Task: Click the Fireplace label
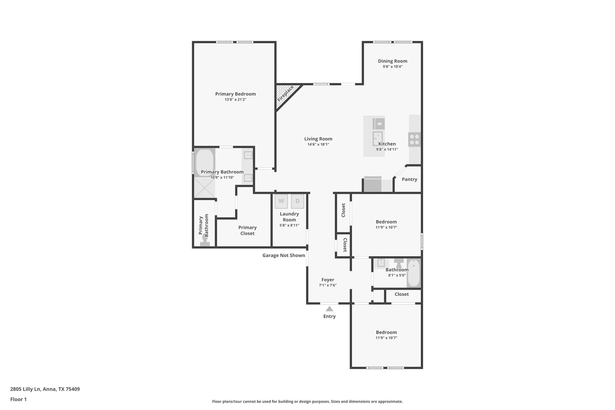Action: (285, 93)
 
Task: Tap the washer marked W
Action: (281, 201)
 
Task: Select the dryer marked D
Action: (298, 201)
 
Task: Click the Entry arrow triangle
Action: (329, 309)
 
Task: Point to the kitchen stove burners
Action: (414, 139)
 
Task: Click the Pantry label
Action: (410, 179)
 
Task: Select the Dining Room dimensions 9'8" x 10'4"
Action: (392, 67)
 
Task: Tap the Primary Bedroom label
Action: (235, 94)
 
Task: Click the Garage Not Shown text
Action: (284, 255)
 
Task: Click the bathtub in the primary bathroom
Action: (205, 162)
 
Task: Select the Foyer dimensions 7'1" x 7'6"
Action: (328, 285)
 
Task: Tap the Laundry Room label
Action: (289, 217)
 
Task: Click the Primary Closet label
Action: (247, 230)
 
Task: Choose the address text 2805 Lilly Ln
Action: (25, 389)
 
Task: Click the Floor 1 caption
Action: (18, 399)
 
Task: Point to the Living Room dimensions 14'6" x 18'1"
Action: (318, 144)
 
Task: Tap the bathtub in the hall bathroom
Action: (414, 273)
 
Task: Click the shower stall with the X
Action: (205, 188)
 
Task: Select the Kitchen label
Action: (387, 144)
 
